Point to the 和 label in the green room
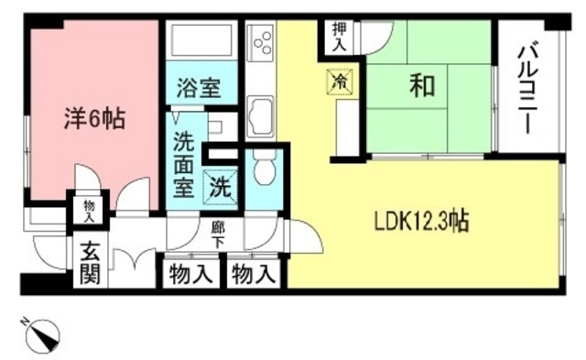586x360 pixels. (421, 86)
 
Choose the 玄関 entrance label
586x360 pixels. (89, 260)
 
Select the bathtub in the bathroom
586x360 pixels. (201, 41)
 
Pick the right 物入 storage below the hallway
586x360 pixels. (253, 273)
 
